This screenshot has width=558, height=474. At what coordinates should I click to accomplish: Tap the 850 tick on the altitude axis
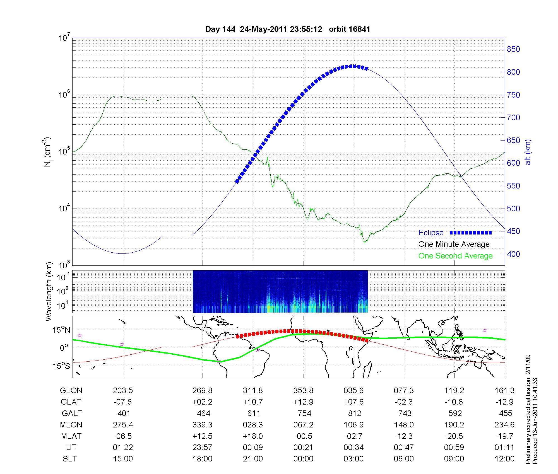[x=513, y=49]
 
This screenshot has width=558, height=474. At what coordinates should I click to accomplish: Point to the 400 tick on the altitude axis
[x=513, y=254]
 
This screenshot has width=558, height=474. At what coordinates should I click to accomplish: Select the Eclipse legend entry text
[x=431, y=233]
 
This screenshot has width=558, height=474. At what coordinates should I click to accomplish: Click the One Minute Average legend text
[x=454, y=244]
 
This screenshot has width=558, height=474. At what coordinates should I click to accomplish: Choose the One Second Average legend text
[x=455, y=256]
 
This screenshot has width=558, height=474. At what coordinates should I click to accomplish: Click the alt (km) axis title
[x=528, y=152]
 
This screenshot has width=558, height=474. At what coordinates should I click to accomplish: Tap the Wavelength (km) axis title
[x=49, y=292]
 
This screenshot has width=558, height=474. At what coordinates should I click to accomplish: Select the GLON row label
[x=71, y=391]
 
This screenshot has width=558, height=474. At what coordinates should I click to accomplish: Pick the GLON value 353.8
[x=303, y=391]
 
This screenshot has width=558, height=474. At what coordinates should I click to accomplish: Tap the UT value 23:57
[x=202, y=447]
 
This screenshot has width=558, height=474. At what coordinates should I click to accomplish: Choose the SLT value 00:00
[x=303, y=459]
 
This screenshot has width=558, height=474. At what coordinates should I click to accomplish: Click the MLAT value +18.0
[x=253, y=436]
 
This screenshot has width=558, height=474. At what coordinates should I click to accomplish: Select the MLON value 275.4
[x=123, y=425]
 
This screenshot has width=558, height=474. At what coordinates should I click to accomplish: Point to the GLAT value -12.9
[x=504, y=402]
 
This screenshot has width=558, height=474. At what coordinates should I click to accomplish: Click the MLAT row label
[x=71, y=436]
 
